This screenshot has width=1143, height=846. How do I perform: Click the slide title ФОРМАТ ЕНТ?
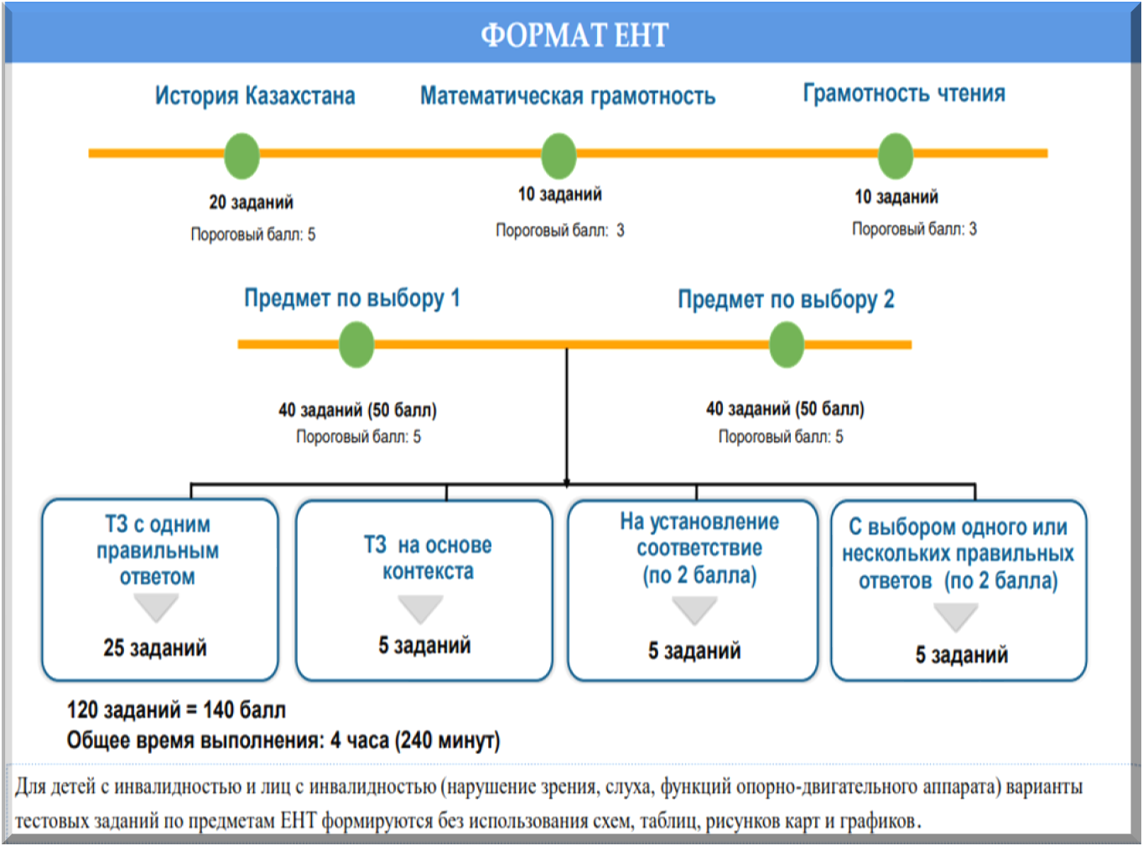574,35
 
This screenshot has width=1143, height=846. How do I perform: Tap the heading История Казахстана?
255,96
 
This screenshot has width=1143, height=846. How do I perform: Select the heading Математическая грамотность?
568,96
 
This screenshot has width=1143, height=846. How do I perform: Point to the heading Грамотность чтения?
904,93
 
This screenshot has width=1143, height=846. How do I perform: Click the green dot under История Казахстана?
242,156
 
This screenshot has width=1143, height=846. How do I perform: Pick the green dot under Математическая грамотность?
559,156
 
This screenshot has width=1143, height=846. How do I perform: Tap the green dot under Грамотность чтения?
896,156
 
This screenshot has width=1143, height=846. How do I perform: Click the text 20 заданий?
251,202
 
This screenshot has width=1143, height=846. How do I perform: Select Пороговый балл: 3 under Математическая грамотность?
559,231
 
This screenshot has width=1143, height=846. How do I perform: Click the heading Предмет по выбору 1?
352,298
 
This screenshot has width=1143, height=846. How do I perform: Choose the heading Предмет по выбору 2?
786,299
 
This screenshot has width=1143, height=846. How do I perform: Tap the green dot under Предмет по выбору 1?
356,345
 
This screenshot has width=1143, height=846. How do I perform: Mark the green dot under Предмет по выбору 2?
787,345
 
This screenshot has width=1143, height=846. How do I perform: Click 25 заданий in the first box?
155,647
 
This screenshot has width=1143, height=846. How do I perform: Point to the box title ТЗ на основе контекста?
428,558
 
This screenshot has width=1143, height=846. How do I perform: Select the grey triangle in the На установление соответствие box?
694,610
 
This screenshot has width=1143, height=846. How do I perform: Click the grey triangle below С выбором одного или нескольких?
956,616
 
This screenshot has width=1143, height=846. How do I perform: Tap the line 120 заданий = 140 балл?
176,710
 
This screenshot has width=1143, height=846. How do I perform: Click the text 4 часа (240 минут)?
415,740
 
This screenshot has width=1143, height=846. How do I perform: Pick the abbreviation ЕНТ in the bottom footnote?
298,820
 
